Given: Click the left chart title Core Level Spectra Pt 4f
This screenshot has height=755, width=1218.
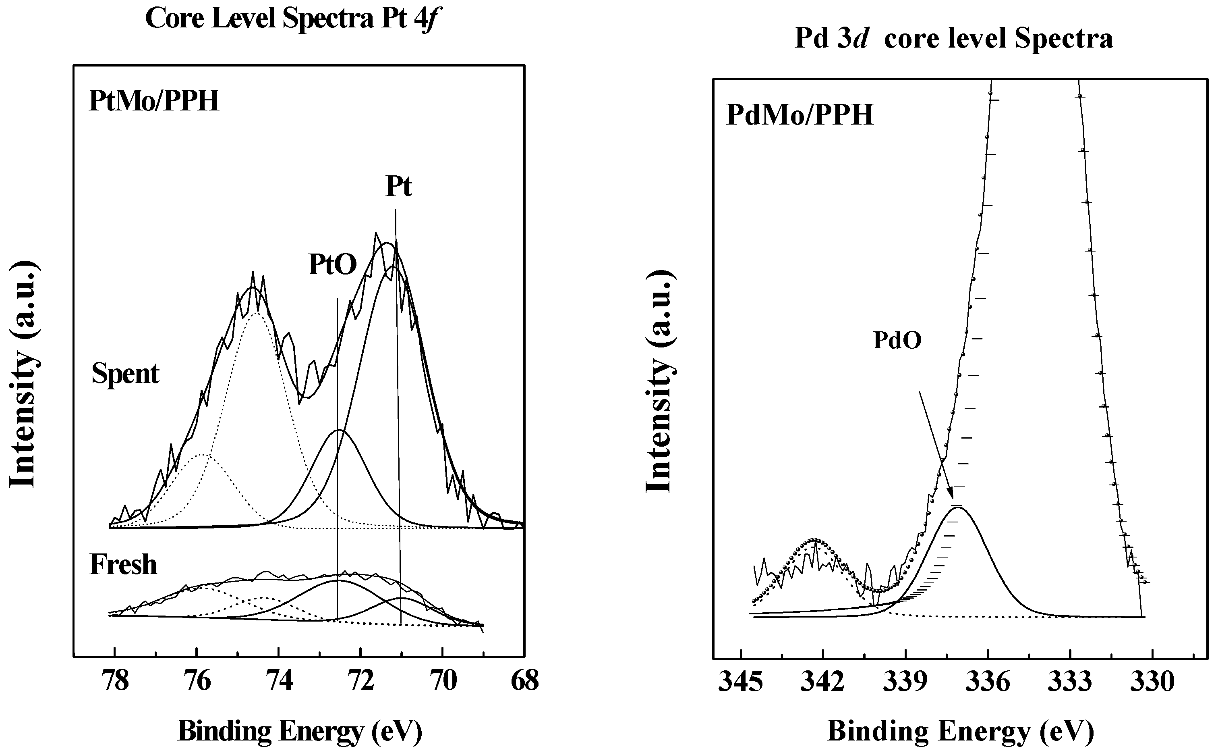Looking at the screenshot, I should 293,19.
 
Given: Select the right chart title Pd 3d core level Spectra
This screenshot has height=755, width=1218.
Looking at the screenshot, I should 953,38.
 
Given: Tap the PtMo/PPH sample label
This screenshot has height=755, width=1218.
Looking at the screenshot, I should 154,101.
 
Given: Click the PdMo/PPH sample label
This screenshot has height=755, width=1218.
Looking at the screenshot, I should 800,115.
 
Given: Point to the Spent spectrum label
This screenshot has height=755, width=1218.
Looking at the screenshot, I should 125,374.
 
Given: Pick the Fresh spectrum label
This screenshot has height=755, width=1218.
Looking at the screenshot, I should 123,565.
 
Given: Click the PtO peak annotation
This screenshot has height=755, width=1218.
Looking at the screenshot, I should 332,265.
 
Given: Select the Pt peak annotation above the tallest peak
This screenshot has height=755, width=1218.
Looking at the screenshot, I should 398,187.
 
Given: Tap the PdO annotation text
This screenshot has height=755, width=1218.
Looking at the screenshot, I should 897,340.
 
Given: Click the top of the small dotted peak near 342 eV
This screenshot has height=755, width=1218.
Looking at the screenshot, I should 814,539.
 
